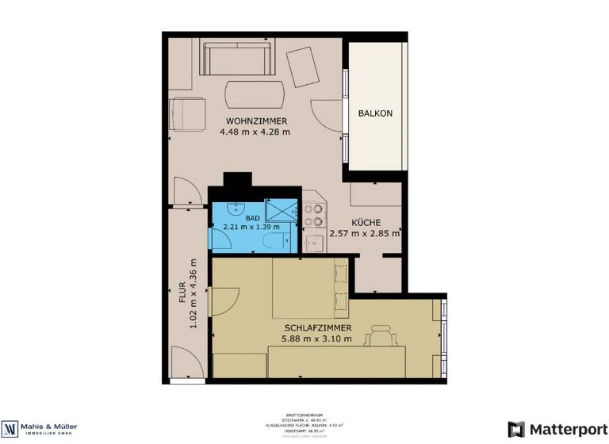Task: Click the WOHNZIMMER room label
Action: tap(255, 121)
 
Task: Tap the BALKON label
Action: tap(375, 113)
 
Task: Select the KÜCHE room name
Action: tap(366, 223)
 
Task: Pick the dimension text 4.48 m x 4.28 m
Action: tap(255, 132)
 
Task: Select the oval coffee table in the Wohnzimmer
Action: tap(255, 95)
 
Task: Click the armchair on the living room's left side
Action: tap(189, 113)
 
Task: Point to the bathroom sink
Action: tap(235, 209)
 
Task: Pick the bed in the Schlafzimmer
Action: tap(310, 289)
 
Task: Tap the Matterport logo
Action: tap(547, 429)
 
